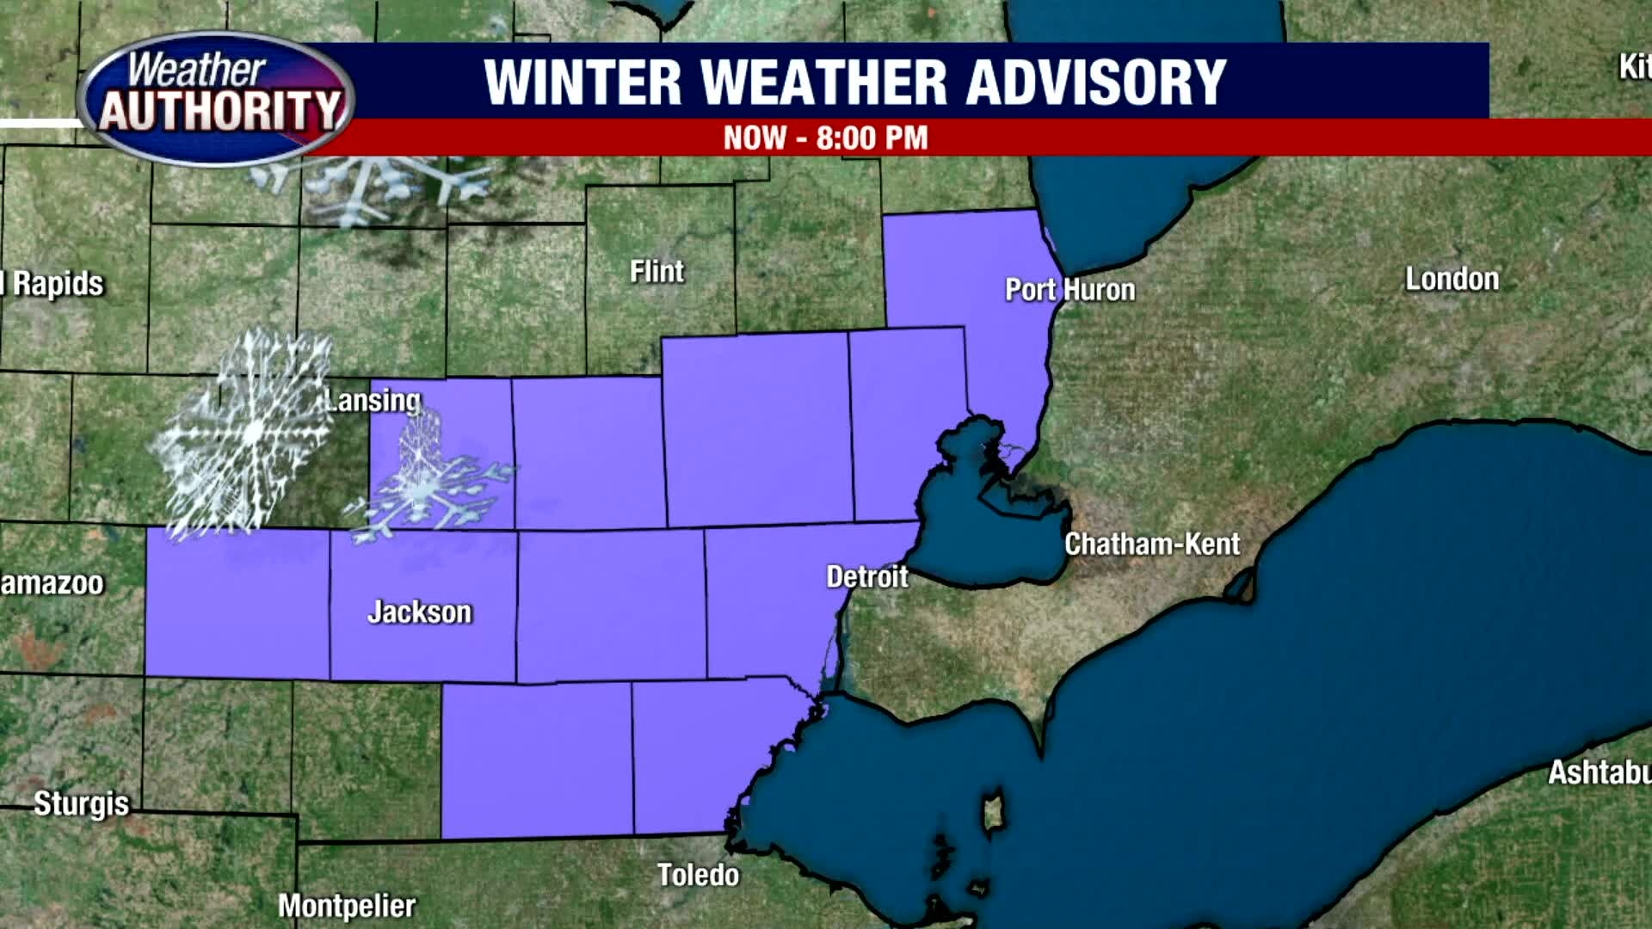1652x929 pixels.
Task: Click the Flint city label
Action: pyautogui.click(x=656, y=272)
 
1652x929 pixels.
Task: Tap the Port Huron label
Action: pyautogui.click(x=1069, y=290)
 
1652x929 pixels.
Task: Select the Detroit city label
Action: pyautogui.click(x=866, y=576)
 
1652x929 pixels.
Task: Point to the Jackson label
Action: pyautogui.click(x=420, y=612)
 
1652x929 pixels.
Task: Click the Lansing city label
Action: pyautogui.click(x=373, y=400)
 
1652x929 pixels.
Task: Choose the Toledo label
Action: pyautogui.click(x=698, y=875)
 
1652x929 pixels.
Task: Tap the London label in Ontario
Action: pyautogui.click(x=1452, y=279)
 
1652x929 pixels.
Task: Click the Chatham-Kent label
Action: pyautogui.click(x=1151, y=544)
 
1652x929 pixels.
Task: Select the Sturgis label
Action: pyautogui.click(x=81, y=803)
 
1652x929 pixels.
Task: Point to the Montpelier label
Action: pyautogui.click(x=347, y=906)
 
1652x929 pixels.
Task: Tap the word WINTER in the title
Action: pyautogui.click(x=583, y=83)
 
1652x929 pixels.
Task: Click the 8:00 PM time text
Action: pyautogui.click(x=872, y=138)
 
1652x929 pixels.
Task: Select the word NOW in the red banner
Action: pyautogui.click(x=755, y=138)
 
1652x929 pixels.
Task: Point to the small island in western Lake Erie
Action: pyautogui.click(x=993, y=812)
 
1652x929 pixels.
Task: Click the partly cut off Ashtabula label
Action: pyautogui.click(x=1599, y=772)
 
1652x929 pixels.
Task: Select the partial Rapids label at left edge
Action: pyautogui.click(x=53, y=284)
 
